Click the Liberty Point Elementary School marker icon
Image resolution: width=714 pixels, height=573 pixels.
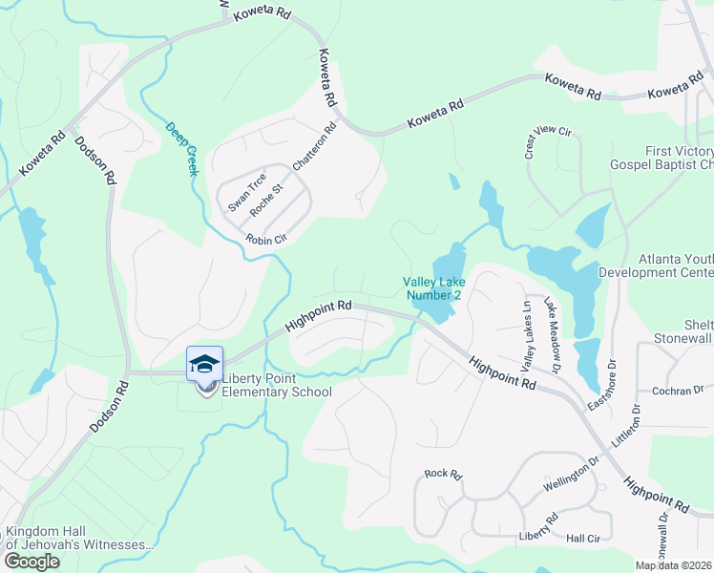pos(204,365)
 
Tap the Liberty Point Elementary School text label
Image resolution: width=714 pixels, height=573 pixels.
pos(277,385)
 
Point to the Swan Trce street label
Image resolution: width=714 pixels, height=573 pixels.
pos(246,193)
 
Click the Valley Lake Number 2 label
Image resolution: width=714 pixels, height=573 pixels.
pos(432,288)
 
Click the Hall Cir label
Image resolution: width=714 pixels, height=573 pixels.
pos(581,539)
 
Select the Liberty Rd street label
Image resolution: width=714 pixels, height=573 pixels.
pos(537,526)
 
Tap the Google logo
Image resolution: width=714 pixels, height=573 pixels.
pos(31,562)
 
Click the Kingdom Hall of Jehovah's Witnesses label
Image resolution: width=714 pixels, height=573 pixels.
pos(80,538)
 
